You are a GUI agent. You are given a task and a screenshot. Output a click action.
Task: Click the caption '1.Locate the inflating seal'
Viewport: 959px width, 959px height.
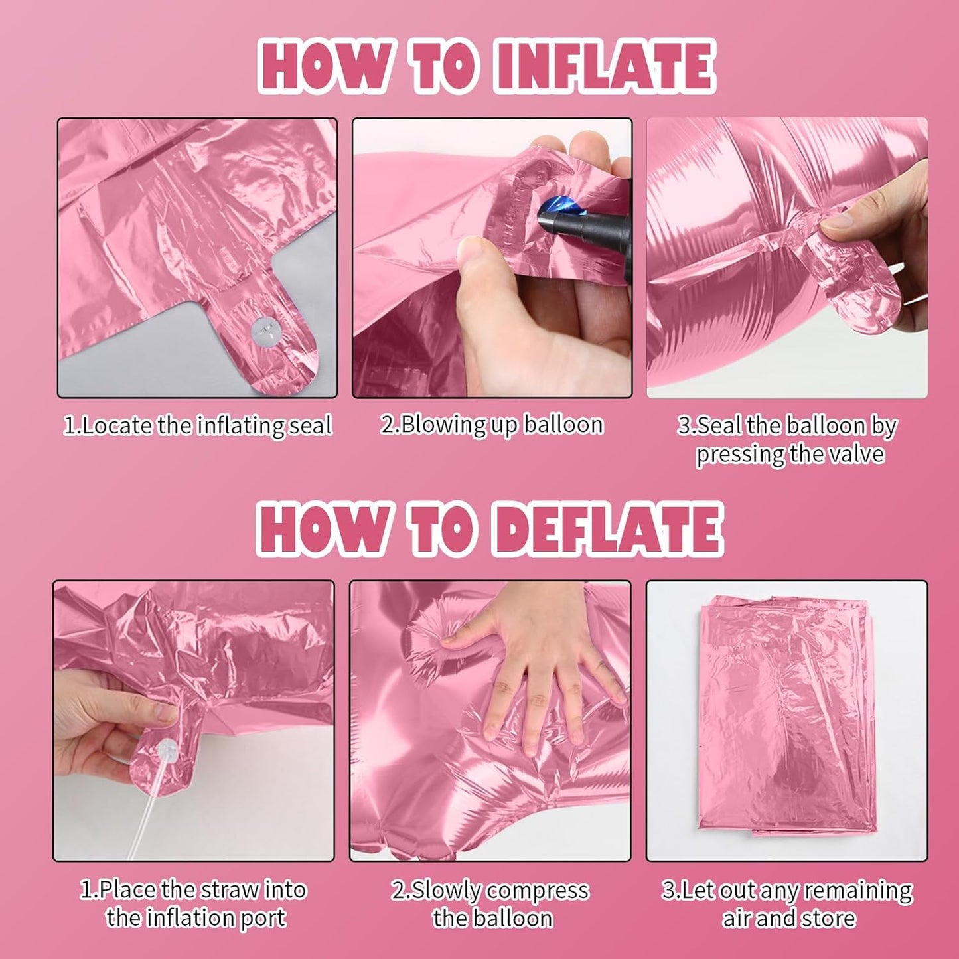pos(198,426)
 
